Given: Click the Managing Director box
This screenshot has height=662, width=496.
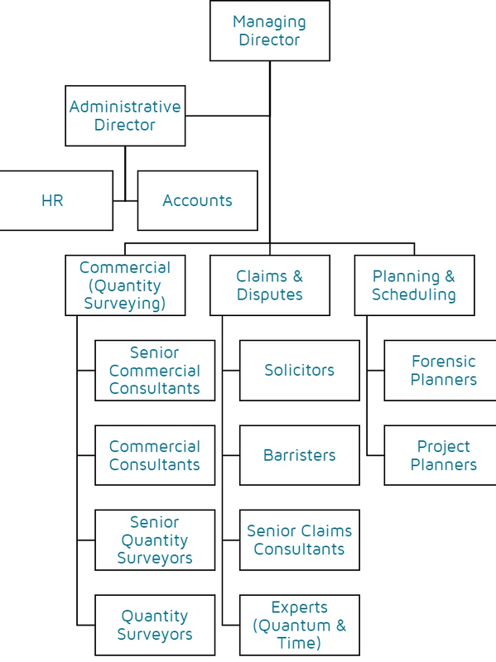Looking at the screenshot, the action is tap(270, 31).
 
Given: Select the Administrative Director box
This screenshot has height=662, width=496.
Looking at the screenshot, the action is tap(125, 116).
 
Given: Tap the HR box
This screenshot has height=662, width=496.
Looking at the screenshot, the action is tap(56, 200).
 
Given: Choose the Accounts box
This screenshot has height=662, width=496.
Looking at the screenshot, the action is tap(198, 200).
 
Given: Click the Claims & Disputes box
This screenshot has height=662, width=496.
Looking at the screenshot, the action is tap(270, 285).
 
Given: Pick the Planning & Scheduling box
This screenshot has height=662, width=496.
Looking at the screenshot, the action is tap(415, 285).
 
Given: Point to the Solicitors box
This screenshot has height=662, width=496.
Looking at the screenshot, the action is tap(300, 370).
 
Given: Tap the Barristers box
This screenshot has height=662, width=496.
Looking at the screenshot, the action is tap(300, 455).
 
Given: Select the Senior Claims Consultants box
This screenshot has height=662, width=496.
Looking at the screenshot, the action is tap(300, 540).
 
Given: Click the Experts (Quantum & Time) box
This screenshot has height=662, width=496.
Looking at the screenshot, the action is tap(300, 625).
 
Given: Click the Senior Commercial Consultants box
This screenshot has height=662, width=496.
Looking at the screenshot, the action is tap(155, 370).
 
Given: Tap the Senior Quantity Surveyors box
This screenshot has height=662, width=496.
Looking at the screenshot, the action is tap(155, 540).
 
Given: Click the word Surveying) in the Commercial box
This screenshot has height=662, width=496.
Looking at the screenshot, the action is tap(125, 304).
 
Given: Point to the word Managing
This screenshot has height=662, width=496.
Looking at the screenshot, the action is tap(270, 22).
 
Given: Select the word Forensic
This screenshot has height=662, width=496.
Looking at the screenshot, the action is tap(444, 362).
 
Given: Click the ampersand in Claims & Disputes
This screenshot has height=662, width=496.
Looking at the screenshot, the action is tap(298, 276).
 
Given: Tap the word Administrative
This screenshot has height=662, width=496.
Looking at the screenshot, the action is tap(125, 107).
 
